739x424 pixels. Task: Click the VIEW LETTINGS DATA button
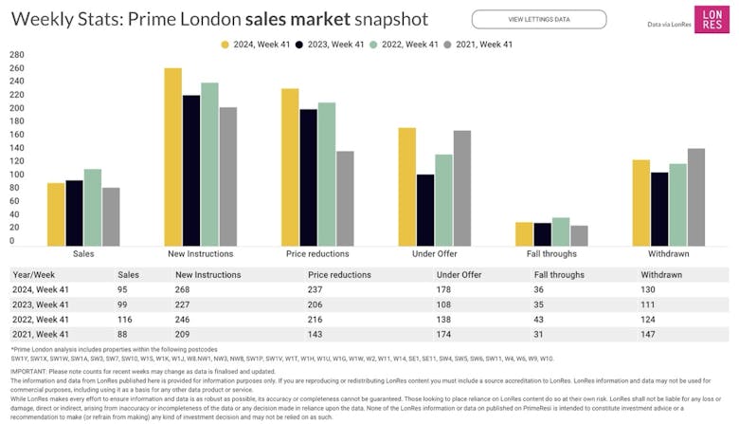pyautogui.click(x=538, y=19)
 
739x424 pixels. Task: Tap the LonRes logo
pyautogui.click(x=710, y=19)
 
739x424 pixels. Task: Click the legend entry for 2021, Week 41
pyautogui.click(x=482, y=44)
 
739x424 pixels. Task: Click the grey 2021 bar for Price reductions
pyautogui.click(x=346, y=198)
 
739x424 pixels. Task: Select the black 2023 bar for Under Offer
pyautogui.click(x=425, y=210)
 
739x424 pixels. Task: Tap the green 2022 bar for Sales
pyautogui.click(x=93, y=208)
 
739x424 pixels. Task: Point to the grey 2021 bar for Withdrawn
pyautogui.click(x=696, y=197)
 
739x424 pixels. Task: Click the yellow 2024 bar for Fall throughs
pyautogui.click(x=524, y=234)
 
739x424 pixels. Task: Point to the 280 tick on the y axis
pyautogui.click(x=17, y=55)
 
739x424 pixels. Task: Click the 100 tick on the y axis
pyautogui.click(x=17, y=175)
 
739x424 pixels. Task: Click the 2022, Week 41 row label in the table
pyautogui.click(x=39, y=320)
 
